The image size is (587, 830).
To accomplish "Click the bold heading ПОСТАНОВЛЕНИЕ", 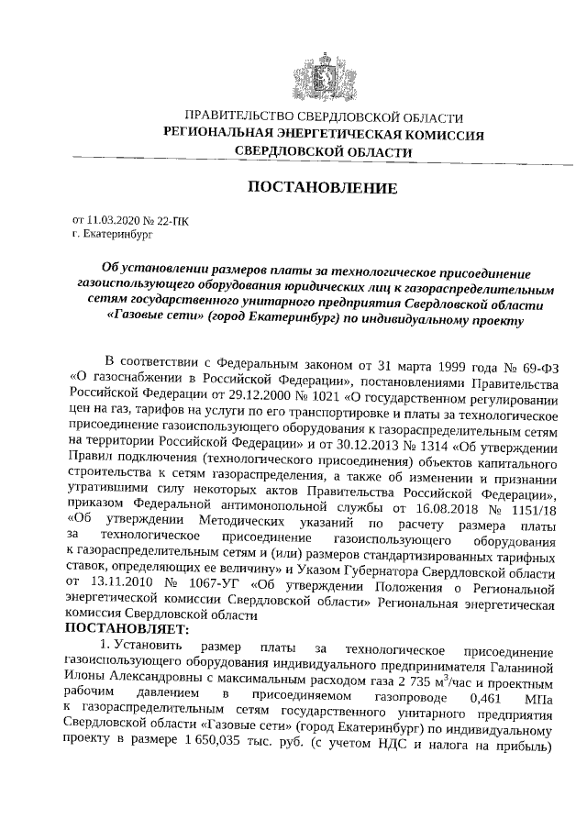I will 324,189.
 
